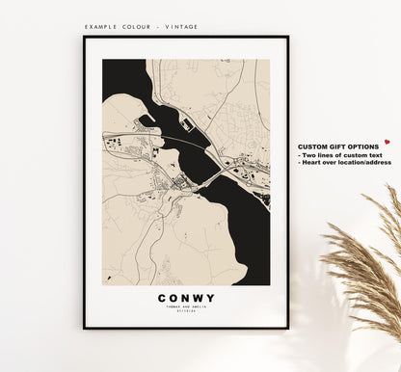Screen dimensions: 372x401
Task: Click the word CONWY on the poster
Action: click(186, 298)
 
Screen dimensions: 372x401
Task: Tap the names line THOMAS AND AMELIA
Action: click(186, 308)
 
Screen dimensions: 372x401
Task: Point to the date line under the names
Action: click(186, 314)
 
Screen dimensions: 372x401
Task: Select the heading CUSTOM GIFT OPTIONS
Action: click(336, 146)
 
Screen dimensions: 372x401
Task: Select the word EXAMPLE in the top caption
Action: click(102, 27)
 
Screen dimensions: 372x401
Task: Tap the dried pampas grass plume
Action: click(366, 260)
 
